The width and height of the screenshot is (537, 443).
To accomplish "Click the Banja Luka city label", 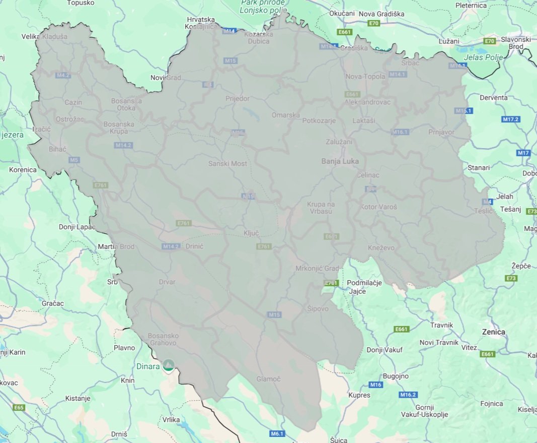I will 340,161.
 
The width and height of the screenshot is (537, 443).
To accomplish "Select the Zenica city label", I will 493,332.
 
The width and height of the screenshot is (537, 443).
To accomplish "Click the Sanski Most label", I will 227,164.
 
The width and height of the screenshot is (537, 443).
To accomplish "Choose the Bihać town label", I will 54,150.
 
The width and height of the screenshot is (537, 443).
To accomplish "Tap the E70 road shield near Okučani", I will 373,24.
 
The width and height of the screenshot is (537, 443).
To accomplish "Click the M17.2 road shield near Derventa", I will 510,119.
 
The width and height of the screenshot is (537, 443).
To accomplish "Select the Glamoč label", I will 268,379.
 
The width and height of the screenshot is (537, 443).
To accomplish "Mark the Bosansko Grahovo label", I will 163,340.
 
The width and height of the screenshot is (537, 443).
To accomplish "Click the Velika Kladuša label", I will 44,37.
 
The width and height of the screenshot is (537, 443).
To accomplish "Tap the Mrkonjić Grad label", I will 317,268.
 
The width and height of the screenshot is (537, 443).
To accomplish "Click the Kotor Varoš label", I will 378,207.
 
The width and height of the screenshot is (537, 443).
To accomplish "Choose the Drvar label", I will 167,282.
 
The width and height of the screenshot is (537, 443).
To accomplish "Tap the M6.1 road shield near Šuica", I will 277,433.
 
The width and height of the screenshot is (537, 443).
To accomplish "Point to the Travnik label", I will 442,325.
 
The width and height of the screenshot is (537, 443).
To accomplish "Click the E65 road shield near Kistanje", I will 19,407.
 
